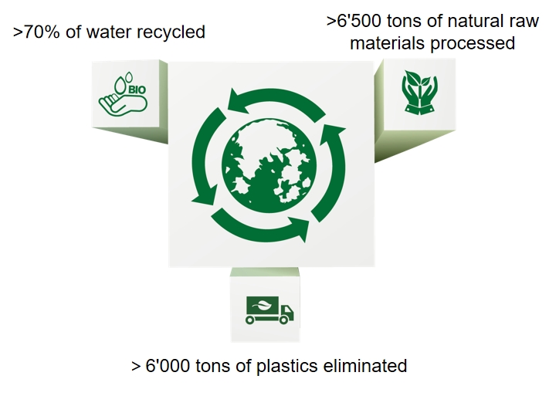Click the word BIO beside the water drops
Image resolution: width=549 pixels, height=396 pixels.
point(137,90)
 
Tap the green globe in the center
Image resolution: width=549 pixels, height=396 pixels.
point(269,166)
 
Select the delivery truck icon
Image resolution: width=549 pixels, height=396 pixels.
point(269,310)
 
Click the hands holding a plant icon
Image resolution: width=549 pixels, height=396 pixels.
point(420,92)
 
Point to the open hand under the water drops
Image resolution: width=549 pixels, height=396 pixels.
point(123,104)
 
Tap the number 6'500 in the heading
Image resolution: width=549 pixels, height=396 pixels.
point(359,21)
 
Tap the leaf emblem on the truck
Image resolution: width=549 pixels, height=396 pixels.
point(263,306)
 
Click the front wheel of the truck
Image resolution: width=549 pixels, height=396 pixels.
point(284,320)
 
